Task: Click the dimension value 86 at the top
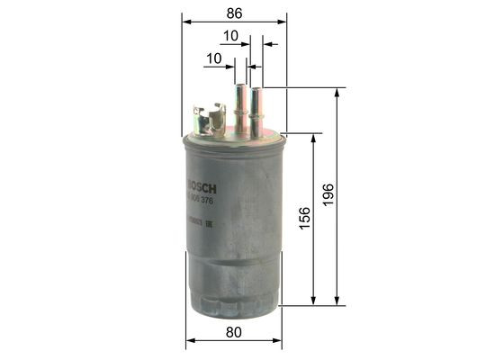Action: coord(233,13)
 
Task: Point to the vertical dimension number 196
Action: coord(328,195)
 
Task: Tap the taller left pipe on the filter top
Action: coord(240,103)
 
